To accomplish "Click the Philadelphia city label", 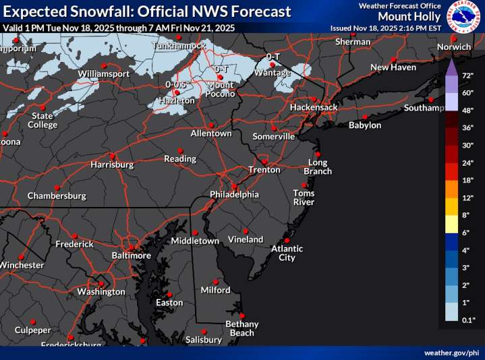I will point(234,194).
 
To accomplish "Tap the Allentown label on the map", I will point(211,133).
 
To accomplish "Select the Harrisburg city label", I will point(112,164).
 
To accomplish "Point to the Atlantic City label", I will point(287,253).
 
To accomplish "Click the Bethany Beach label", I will point(241,328).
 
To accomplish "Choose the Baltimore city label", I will point(131,256).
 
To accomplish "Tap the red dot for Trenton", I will point(265,162).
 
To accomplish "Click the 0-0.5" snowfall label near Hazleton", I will point(176,84).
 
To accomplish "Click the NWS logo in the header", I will point(463,16).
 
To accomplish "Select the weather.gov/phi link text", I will point(451,353).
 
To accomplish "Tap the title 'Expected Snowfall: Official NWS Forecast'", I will point(147,11).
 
